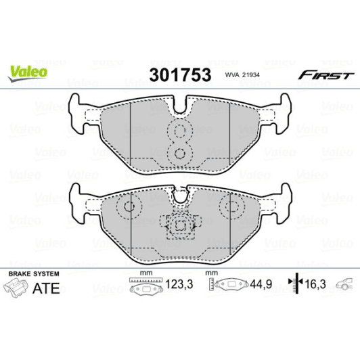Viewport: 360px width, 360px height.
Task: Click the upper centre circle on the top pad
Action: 179,132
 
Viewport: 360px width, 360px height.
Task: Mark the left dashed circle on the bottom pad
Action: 127,208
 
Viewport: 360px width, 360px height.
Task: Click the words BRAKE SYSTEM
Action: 33,273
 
